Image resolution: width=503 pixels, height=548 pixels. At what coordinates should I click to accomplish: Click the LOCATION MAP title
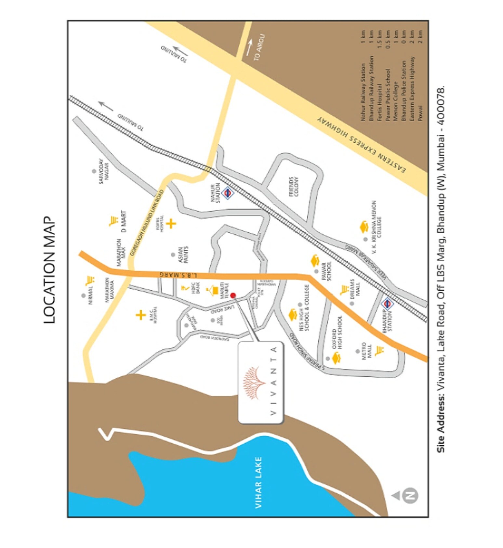tap(49, 270)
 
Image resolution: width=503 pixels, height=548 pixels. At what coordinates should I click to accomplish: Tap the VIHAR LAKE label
tap(258, 482)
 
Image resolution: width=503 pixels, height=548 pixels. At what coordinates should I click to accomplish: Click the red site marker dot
tap(233, 295)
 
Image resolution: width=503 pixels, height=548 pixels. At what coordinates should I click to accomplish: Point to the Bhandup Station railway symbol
tap(387, 304)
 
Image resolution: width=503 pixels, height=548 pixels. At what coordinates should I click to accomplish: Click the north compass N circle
tap(410, 496)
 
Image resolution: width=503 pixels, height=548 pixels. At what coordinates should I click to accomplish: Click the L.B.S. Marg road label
tap(178, 275)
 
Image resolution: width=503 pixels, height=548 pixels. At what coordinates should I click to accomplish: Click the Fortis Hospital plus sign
tap(171, 223)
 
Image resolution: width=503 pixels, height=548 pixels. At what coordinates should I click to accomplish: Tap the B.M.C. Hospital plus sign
tap(140, 315)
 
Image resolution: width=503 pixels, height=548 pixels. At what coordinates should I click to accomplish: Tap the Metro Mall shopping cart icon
tap(379, 351)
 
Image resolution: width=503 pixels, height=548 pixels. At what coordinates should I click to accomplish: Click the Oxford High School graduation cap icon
tap(336, 359)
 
